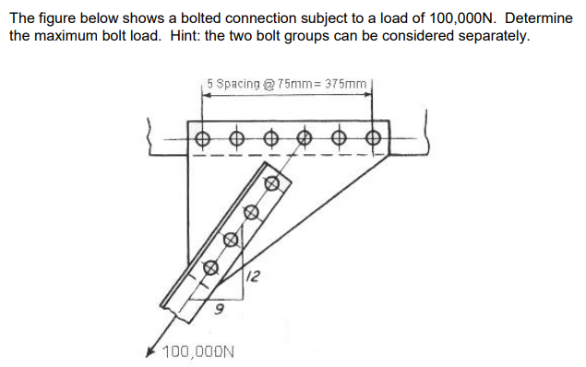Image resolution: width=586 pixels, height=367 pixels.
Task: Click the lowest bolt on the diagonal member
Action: coord(210,268)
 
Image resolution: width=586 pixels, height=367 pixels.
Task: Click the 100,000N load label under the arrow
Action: coord(197,351)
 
